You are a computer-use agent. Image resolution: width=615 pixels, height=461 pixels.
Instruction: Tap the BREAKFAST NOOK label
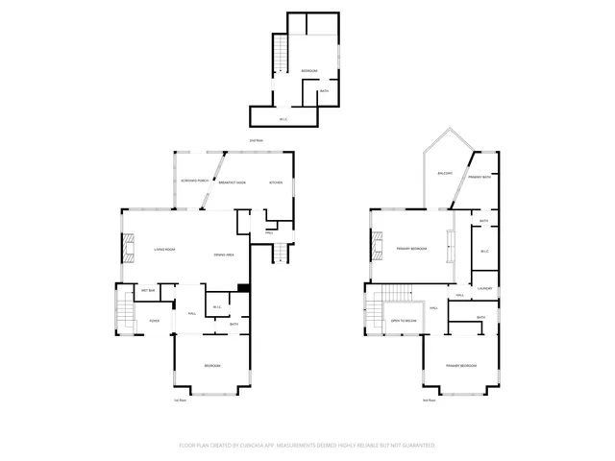pyautogui.click(x=233, y=182)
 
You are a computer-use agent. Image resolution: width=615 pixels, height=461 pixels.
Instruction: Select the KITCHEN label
pyautogui.click(x=276, y=182)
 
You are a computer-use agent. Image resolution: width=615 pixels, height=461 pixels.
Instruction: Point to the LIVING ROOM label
pyautogui.click(x=164, y=250)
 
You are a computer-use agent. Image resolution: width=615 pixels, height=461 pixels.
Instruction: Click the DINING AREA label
pyautogui.click(x=226, y=255)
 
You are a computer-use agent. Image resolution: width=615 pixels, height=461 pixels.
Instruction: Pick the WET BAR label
pyautogui.click(x=149, y=290)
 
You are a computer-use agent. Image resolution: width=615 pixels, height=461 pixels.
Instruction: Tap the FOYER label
pyautogui.click(x=154, y=321)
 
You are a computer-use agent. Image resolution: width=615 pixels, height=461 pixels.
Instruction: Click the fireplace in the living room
pyautogui.click(x=126, y=249)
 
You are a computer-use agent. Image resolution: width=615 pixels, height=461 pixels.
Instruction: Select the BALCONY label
pyautogui.click(x=445, y=173)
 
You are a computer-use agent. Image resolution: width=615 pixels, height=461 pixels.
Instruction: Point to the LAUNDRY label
pyautogui.click(x=485, y=288)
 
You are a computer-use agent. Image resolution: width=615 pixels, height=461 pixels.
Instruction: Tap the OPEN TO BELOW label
pyautogui.click(x=404, y=320)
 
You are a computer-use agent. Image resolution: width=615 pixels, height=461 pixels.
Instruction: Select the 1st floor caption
pyautogui.click(x=179, y=400)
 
